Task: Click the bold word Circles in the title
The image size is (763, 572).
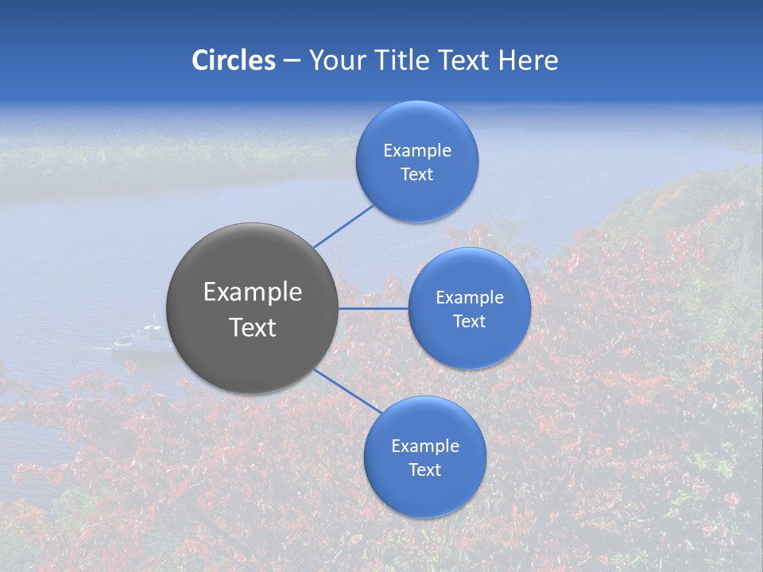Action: click(234, 60)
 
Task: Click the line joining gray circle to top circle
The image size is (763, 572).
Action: click(343, 226)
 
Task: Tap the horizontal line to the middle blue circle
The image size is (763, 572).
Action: click(373, 308)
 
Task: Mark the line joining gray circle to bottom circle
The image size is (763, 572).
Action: click(348, 391)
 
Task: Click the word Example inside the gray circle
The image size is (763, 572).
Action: click(253, 292)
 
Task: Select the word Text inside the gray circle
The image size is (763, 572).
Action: click(253, 327)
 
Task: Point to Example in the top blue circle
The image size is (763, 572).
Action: click(417, 150)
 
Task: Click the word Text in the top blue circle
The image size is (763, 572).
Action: click(417, 174)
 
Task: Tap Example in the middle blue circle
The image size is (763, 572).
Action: click(470, 297)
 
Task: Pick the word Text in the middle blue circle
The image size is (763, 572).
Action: click(470, 321)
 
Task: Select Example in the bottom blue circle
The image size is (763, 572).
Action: click(425, 446)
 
